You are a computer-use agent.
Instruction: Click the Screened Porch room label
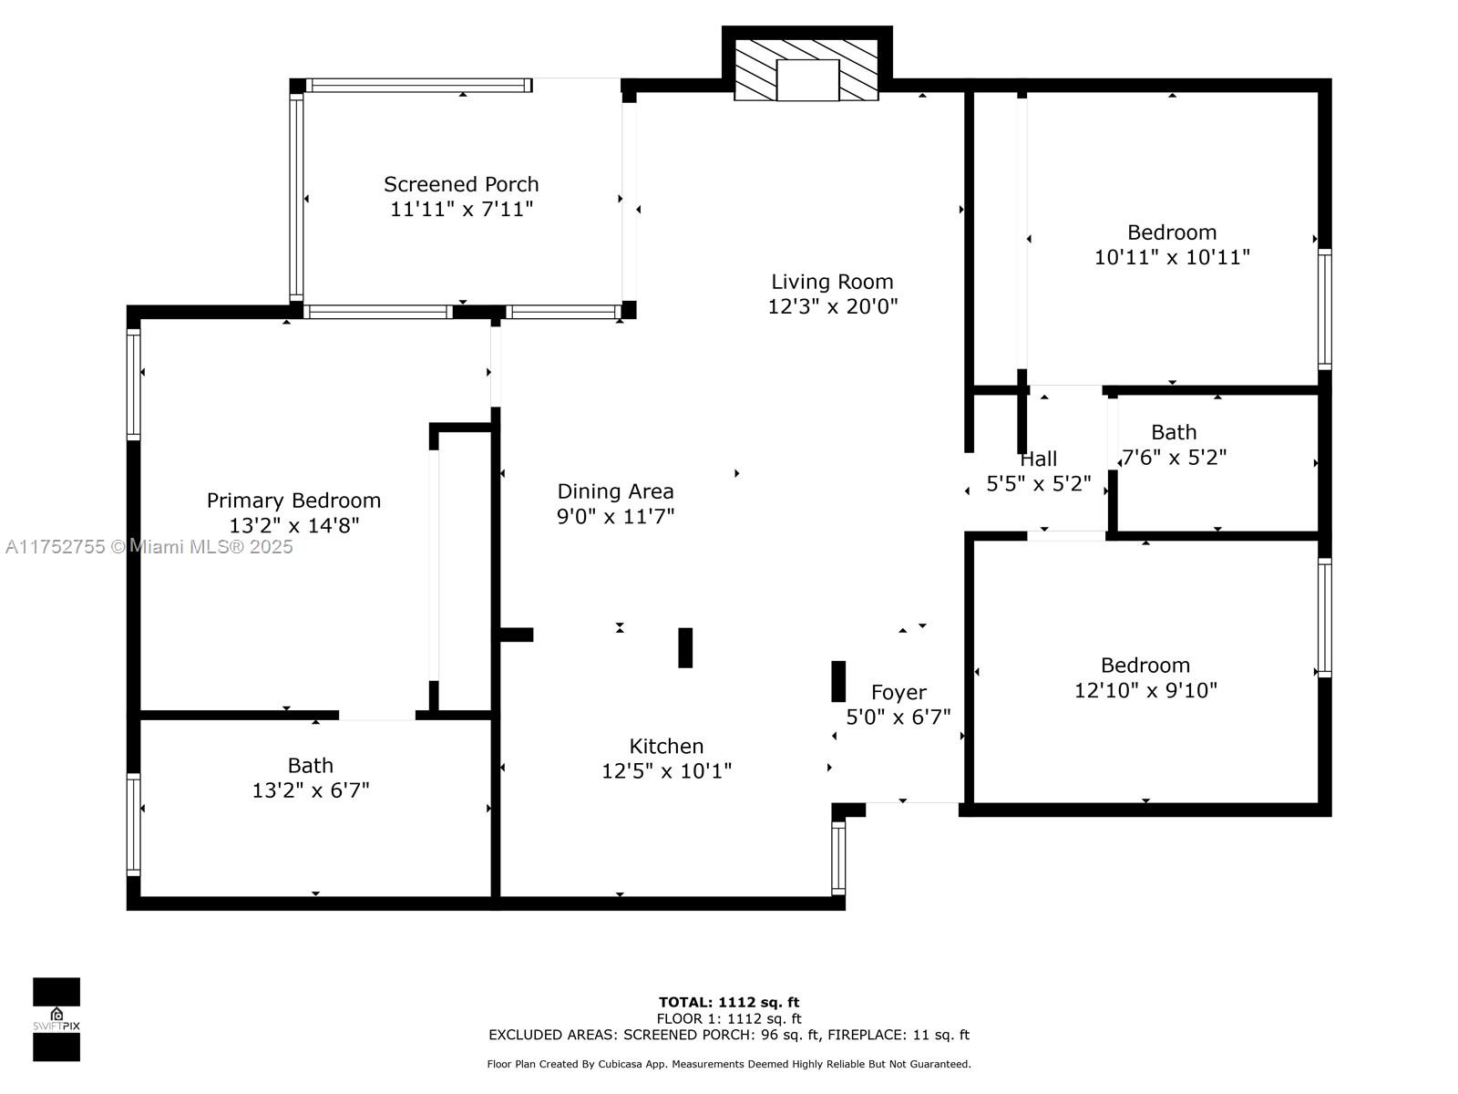(461, 184)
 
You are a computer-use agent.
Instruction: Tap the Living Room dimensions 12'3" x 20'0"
(832, 306)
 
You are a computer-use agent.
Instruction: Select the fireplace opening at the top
(807, 79)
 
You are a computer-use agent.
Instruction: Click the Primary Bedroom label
(293, 501)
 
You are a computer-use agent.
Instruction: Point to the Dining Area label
(615, 490)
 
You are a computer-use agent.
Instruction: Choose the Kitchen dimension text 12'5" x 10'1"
(666, 770)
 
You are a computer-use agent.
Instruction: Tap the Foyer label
(898, 692)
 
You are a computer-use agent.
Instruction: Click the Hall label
(1038, 459)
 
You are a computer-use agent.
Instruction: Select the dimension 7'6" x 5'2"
(1174, 457)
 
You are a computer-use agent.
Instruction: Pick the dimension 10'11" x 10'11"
(1172, 257)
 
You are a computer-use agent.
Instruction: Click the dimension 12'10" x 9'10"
(1145, 690)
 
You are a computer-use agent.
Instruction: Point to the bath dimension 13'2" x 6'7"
(310, 790)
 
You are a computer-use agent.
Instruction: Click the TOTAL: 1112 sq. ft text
(729, 1002)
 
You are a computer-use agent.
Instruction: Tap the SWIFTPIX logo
(56, 1019)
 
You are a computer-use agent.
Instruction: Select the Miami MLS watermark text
(149, 546)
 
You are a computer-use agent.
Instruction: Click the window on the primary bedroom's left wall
(134, 384)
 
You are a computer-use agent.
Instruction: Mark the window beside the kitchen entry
(838, 858)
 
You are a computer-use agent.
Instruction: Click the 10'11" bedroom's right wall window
(1324, 309)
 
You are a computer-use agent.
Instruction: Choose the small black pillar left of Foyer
(838, 681)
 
